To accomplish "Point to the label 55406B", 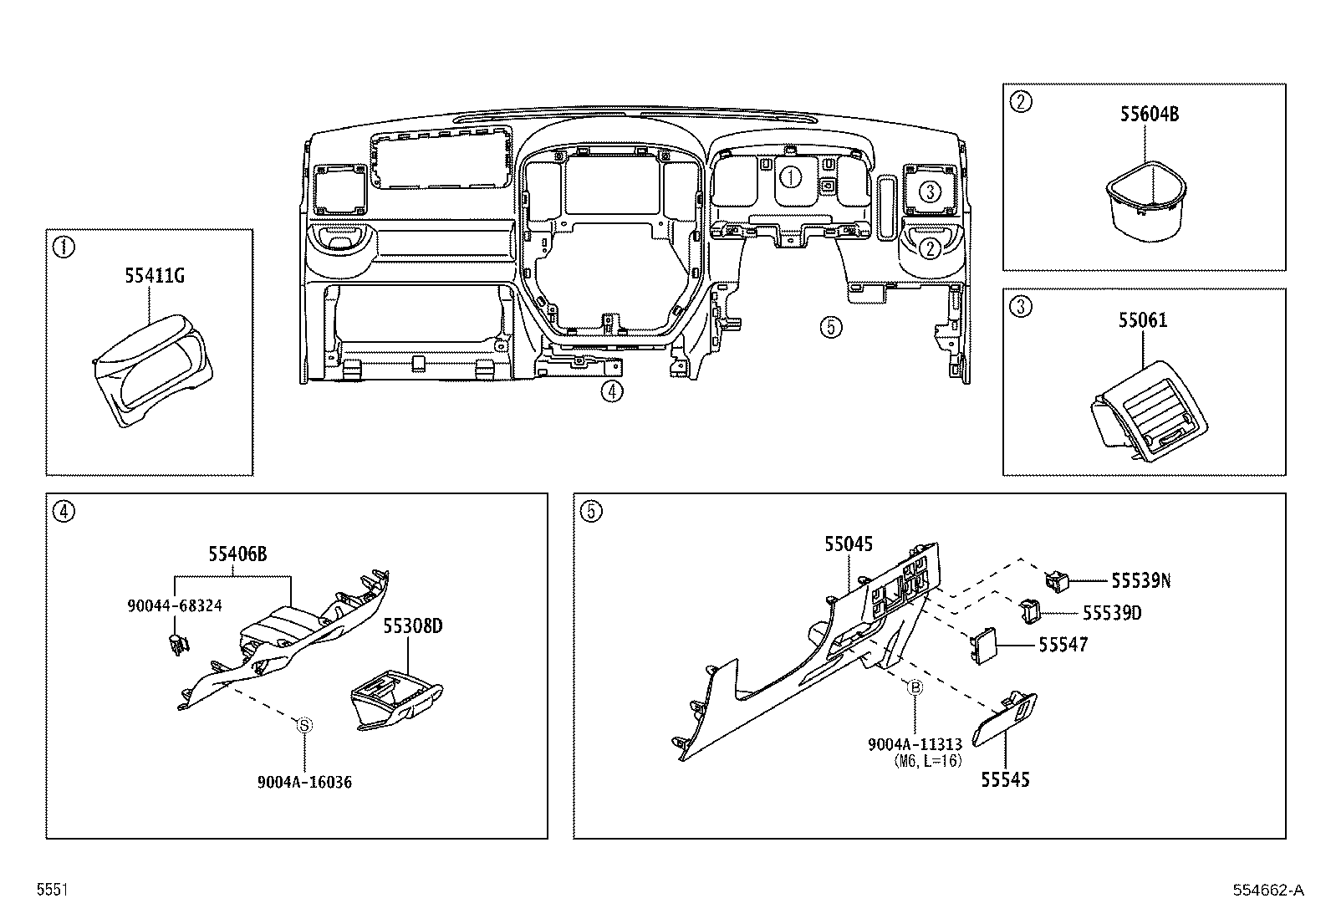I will (x=237, y=554).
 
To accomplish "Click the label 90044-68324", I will (x=175, y=605).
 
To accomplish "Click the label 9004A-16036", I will (x=304, y=782).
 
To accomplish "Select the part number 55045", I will (x=848, y=544).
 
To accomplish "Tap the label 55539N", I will (x=1140, y=580).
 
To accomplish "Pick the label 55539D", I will (x=1112, y=613).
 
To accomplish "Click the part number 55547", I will (x=1063, y=644).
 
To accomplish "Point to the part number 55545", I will (x=1005, y=779).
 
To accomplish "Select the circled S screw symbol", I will (x=305, y=725).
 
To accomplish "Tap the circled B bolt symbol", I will (x=915, y=687).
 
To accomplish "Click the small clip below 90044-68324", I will (x=176, y=646).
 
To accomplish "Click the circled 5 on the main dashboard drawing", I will (x=830, y=326).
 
